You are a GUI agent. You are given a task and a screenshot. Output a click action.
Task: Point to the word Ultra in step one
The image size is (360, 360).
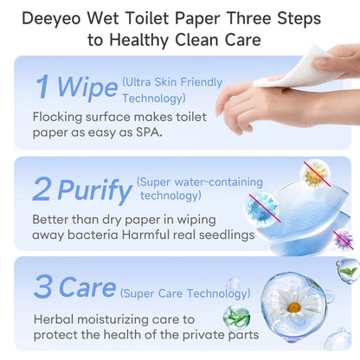141,83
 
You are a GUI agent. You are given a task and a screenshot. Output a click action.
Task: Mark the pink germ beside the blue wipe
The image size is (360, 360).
344,237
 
